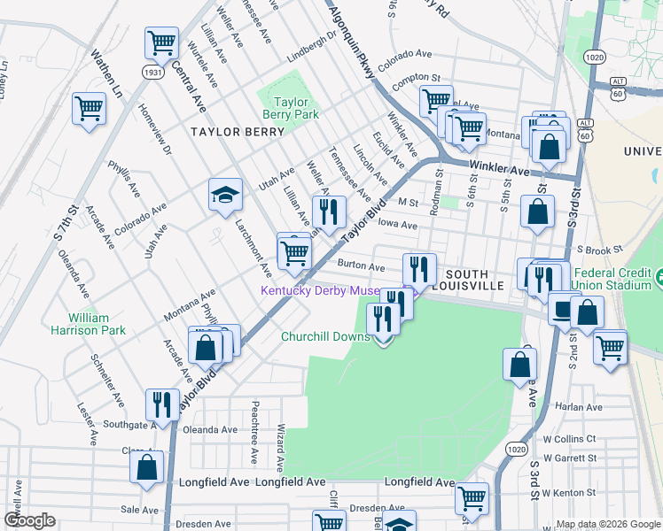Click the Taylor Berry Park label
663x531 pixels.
(290, 108)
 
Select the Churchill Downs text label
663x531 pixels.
(325, 336)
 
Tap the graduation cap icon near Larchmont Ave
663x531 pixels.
(225, 195)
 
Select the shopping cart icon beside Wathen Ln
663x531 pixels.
(89, 109)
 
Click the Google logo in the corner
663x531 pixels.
(29, 520)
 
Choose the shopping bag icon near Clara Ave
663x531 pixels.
(147, 466)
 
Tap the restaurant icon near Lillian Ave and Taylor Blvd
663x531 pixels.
(328, 211)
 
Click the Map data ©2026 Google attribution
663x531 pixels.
(607, 524)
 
